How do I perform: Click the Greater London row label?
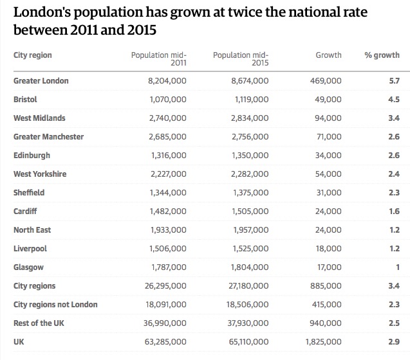[x=41, y=81]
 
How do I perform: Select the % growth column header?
[x=382, y=55]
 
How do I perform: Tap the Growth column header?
[x=328, y=55]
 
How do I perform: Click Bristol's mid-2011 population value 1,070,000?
[x=168, y=100]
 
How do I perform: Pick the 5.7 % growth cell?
[x=395, y=81]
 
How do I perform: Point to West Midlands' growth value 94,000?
[x=328, y=118]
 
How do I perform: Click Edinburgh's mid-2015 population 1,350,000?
[x=250, y=156]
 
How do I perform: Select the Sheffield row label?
[x=29, y=193]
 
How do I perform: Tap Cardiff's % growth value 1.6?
[x=395, y=211]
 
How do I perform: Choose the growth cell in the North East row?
[x=328, y=230]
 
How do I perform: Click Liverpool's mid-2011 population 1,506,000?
[x=168, y=248]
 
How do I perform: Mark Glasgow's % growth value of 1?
[x=398, y=267]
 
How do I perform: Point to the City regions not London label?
[x=55, y=305]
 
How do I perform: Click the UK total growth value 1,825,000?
[x=324, y=342]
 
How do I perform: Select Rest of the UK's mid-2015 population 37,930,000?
[x=248, y=323]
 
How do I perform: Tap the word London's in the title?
[x=42, y=12]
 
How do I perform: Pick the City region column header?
[x=33, y=55]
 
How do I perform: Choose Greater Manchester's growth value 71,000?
[x=329, y=137]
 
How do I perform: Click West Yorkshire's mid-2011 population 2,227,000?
[x=169, y=174]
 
